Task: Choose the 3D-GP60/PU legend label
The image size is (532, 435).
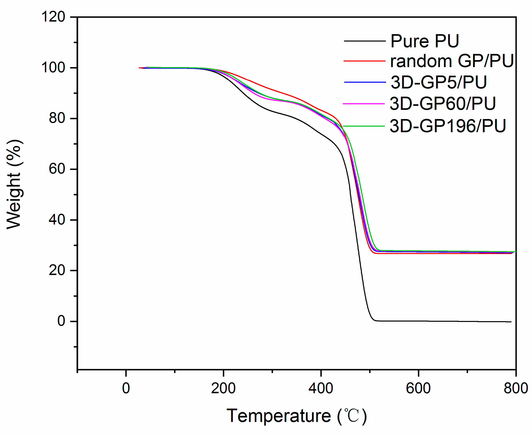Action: (442, 103)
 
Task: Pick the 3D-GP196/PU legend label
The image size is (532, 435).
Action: (447, 126)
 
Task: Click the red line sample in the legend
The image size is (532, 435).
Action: (364, 61)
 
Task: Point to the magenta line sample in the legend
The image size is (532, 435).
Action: (364, 104)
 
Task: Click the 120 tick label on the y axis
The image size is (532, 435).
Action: (53, 17)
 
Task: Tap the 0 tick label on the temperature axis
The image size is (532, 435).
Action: (126, 388)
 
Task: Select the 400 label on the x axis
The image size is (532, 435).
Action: (321, 388)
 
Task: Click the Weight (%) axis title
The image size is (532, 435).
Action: (14, 184)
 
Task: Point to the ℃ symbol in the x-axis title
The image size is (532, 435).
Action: (352, 416)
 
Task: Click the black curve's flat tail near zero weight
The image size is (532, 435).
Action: (439, 321)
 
